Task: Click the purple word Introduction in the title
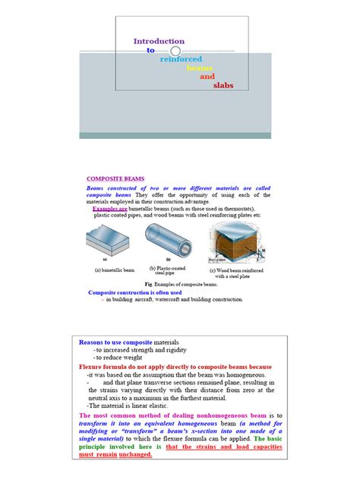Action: click(x=159, y=41)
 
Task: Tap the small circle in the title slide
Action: click(x=175, y=51)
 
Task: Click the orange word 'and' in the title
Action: click(x=207, y=77)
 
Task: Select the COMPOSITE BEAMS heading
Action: click(x=115, y=178)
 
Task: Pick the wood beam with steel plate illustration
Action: click(x=235, y=244)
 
